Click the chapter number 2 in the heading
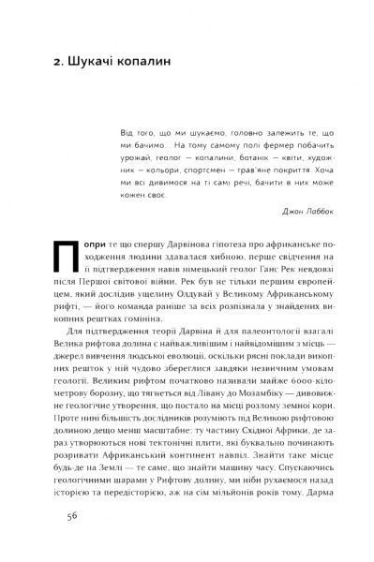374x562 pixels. (58, 66)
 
